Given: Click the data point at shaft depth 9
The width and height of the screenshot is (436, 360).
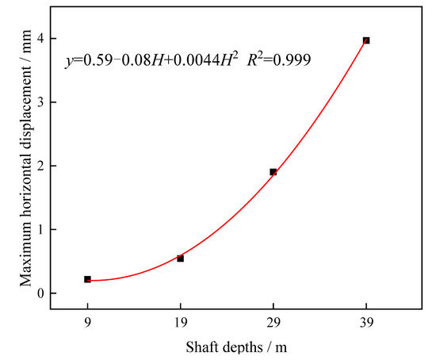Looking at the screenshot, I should click(87, 279).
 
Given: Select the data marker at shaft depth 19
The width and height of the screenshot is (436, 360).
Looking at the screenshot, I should click(181, 259).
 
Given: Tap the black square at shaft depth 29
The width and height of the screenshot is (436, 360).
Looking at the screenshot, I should click(273, 172).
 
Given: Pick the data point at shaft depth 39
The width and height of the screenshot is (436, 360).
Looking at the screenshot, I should click(366, 40).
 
